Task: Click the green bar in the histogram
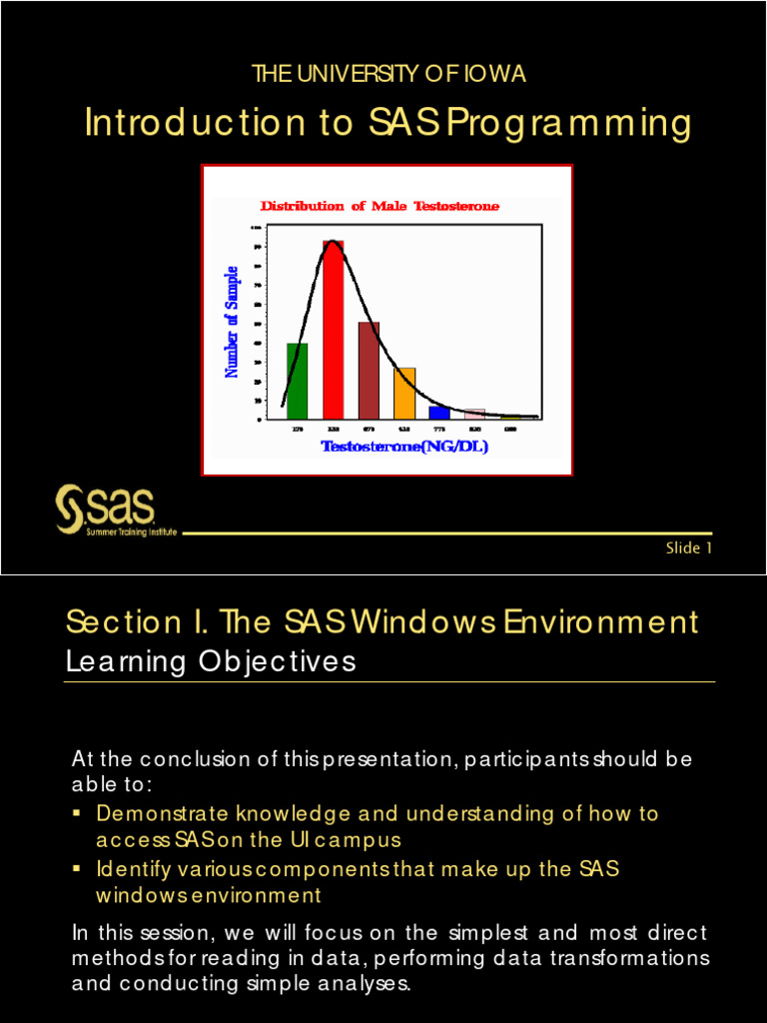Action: [x=297, y=382]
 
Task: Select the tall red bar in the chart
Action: [x=333, y=330]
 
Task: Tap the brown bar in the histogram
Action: [x=369, y=370]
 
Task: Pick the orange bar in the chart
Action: [x=403, y=394]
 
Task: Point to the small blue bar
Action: [x=438, y=412]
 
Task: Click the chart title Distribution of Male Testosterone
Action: [x=380, y=207]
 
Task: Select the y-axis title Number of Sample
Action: [x=232, y=322]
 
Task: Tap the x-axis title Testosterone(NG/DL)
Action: [x=403, y=447]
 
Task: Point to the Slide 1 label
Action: [x=689, y=547]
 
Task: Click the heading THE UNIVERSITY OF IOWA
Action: [x=388, y=74]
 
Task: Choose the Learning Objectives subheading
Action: [x=211, y=662]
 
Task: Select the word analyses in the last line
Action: [x=363, y=983]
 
